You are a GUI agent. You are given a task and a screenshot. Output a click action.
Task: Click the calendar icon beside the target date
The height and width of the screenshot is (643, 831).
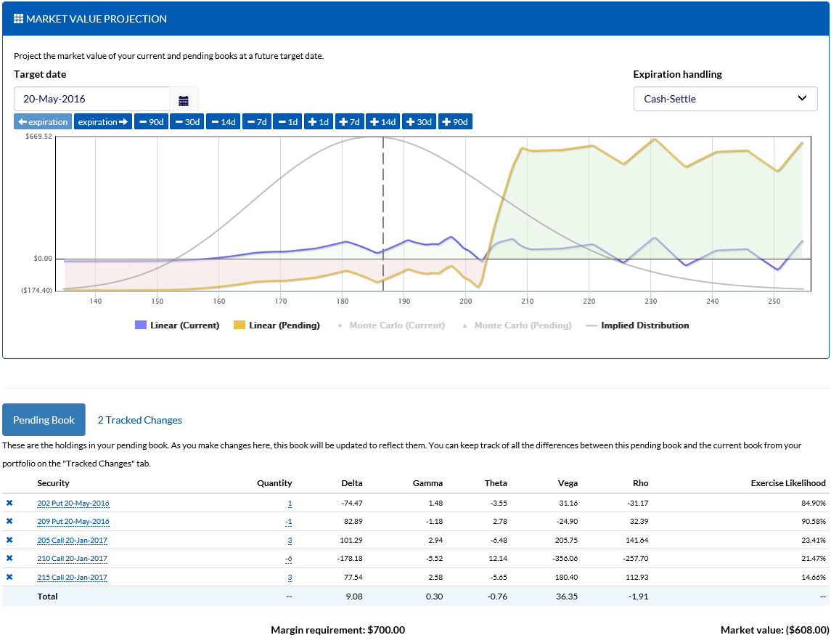[x=184, y=100]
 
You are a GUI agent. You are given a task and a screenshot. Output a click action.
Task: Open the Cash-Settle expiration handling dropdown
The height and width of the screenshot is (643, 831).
[x=725, y=99]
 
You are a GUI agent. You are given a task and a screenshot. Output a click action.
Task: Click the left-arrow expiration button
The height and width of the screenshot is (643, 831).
[x=43, y=122]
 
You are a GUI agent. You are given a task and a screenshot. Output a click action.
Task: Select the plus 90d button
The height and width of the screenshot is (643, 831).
[x=455, y=122]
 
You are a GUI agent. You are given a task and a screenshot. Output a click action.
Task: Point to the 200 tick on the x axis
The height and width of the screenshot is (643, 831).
[x=465, y=301]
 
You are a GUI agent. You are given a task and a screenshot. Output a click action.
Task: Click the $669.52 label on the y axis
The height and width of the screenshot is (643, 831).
[x=38, y=136]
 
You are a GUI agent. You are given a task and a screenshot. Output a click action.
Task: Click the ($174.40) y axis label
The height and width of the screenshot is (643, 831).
[x=38, y=290]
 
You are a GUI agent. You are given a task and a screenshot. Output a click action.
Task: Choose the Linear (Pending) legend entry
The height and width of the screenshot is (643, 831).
[x=277, y=325]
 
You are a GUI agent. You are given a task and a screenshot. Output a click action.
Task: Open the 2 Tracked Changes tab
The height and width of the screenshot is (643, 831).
[x=139, y=420]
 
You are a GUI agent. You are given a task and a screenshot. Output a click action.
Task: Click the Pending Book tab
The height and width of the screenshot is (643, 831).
[x=44, y=420]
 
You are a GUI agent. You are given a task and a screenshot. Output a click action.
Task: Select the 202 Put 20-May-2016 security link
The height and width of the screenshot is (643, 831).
[x=73, y=503]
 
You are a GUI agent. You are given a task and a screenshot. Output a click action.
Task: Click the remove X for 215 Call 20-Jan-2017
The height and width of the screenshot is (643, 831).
[x=9, y=577]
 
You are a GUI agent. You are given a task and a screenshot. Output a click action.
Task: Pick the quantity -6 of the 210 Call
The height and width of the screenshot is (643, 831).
[x=288, y=559]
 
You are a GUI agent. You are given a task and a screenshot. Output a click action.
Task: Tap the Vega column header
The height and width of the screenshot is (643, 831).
[x=569, y=483]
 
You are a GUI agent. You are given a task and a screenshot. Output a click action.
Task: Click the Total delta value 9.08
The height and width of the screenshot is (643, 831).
[x=353, y=597]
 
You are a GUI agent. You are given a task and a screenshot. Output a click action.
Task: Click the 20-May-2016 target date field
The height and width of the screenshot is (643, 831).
[x=92, y=99]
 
